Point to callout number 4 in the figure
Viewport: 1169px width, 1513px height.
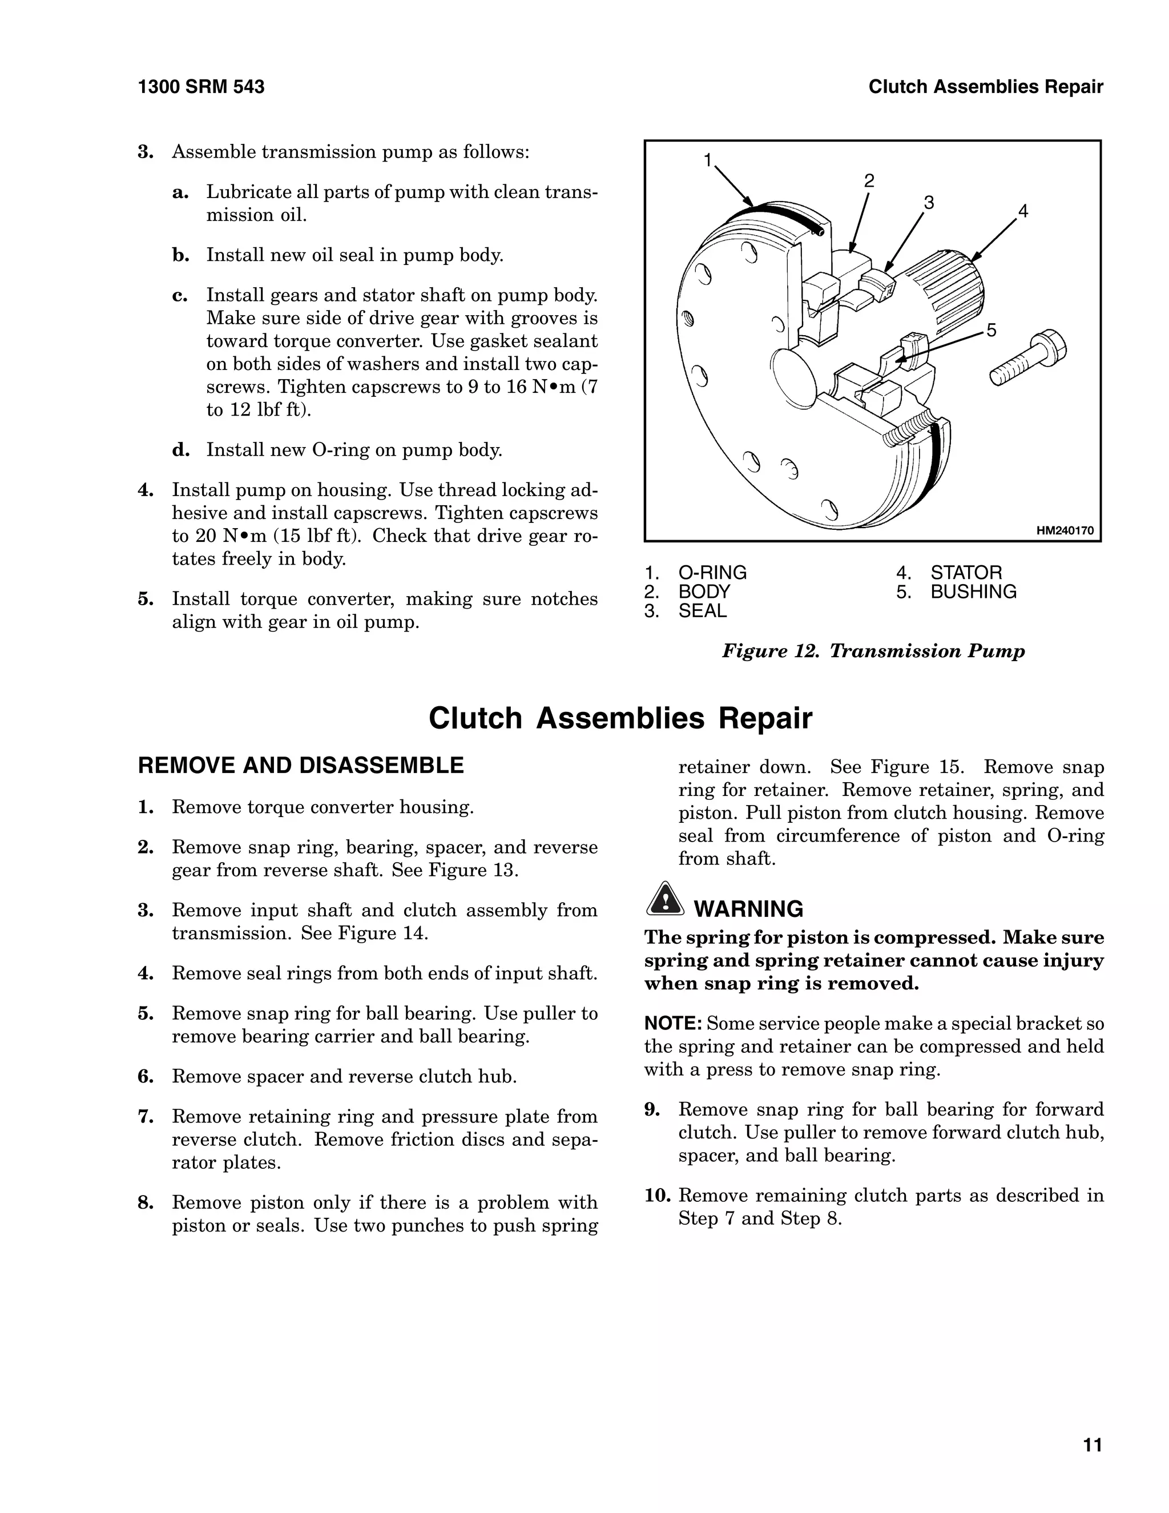click(1023, 211)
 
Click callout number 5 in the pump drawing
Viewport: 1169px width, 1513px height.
click(991, 331)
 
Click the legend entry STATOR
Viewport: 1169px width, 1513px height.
click(965, 573)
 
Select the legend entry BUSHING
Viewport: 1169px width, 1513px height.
click(973, 591)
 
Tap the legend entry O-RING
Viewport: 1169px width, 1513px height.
click(712, 573)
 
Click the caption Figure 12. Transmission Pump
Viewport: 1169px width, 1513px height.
click(873, 651)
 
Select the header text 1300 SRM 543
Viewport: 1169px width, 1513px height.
click(201, 87)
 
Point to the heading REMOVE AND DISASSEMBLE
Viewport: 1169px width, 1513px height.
click(301, 766)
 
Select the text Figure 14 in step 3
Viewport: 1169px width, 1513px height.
click(382, 933)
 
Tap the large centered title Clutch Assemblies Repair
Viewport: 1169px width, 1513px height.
click(620, 718)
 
